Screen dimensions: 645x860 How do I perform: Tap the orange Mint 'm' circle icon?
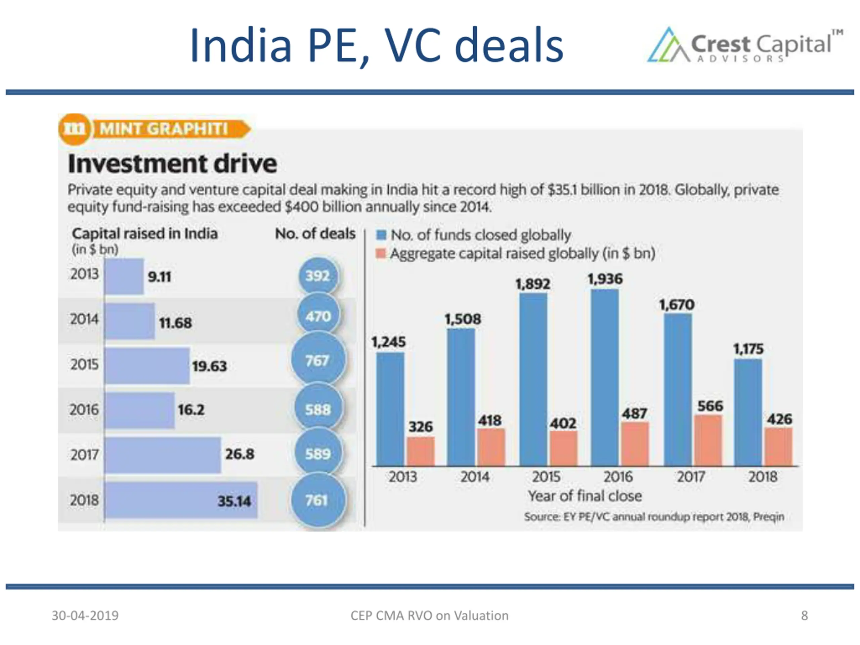75,129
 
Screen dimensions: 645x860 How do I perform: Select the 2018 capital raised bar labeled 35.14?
181,500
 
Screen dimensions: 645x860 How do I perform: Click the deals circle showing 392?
318,276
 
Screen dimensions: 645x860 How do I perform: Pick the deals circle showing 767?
318,360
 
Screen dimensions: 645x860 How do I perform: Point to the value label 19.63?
209,366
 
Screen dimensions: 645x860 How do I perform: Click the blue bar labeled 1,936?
605,377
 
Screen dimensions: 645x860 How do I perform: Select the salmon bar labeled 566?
708,440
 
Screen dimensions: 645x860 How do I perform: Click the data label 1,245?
388,342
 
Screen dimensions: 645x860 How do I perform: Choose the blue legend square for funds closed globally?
381,235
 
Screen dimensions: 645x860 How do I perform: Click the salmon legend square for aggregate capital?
381,254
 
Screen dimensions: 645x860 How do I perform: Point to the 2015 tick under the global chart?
546,477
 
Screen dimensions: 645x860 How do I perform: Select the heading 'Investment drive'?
173,164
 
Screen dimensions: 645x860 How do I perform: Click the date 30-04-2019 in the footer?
85,615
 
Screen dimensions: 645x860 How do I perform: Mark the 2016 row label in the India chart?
84,410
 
